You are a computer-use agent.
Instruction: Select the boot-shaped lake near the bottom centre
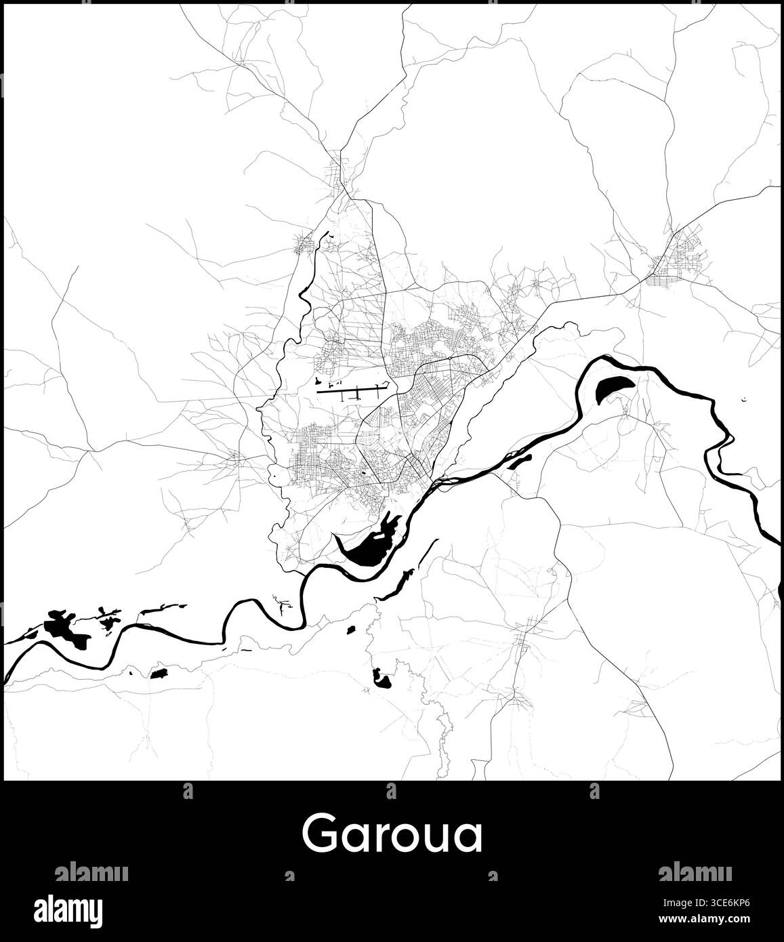[380, 677]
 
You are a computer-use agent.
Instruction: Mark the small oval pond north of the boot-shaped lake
[351, 630]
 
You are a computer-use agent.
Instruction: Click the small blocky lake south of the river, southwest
[160, 674]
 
